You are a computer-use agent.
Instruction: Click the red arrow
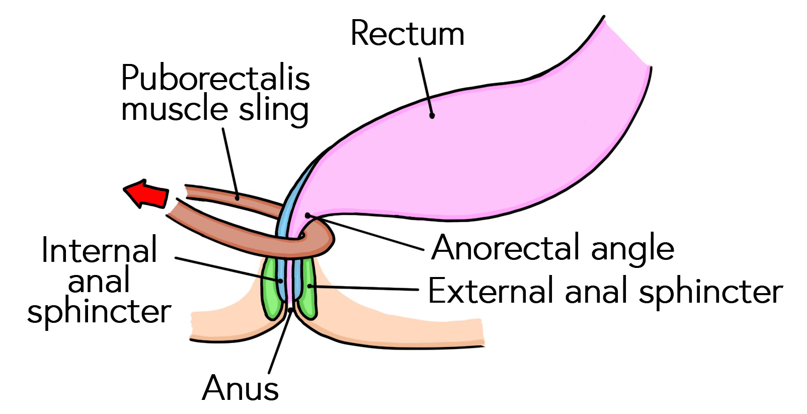click(x=147, y=194)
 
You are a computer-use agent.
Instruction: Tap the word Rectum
click(x=407, y=34)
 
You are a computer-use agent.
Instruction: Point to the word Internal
click(x=99, y=250)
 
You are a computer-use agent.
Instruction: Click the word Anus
click(x=240, y=388)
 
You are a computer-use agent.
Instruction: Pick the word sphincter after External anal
click(x=711, y=293)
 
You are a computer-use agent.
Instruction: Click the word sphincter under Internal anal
click(x=99, y=313)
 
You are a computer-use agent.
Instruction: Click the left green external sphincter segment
click(x=272, y=290)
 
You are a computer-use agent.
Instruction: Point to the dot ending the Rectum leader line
click(x=432, y=115)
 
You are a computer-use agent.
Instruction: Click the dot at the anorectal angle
click(x=307, y=216)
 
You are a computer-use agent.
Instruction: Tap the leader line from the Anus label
click(x=280, y=342)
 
